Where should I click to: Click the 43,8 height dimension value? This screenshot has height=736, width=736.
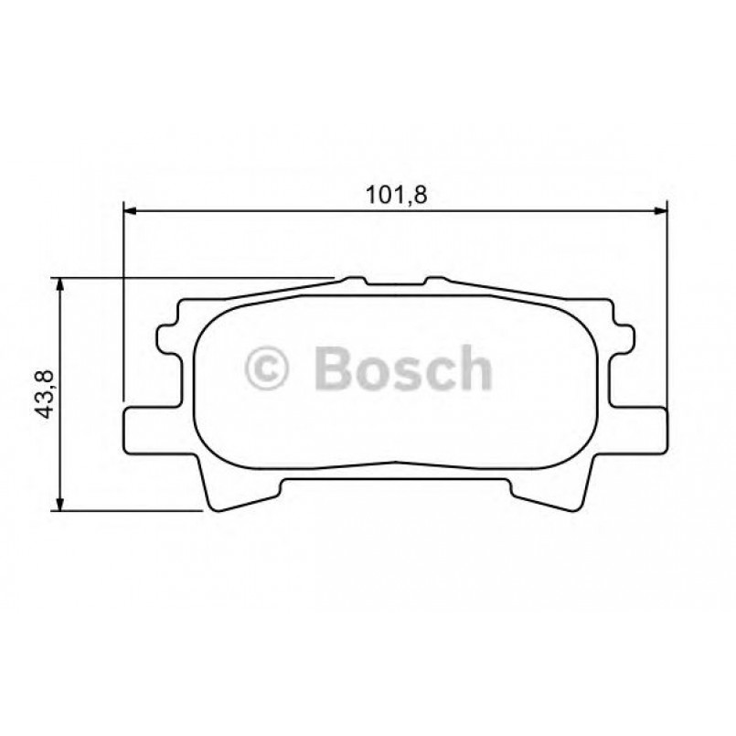(43, 394)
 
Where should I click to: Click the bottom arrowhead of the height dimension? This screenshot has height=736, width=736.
(61, 505)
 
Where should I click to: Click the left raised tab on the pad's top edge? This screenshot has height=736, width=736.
(352, 277)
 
